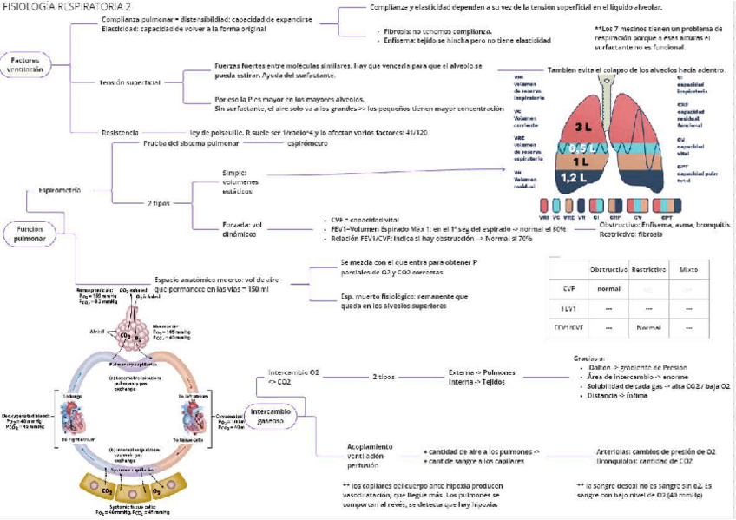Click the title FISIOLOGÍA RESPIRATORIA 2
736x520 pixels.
(x=62, y=7)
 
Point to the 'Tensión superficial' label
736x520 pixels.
(x=130, y=82)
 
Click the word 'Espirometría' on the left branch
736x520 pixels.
(x=60, y=188)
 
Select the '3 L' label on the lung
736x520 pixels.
(x=581, y=127)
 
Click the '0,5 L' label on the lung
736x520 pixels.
(x=581, y=148)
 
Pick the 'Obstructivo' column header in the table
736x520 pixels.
(x=608, y=270)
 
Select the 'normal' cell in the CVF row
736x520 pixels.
(x=608, y=288)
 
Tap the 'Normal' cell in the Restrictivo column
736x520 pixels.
(x=649, y=328)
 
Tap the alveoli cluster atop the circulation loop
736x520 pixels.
(x=128, y=336)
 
